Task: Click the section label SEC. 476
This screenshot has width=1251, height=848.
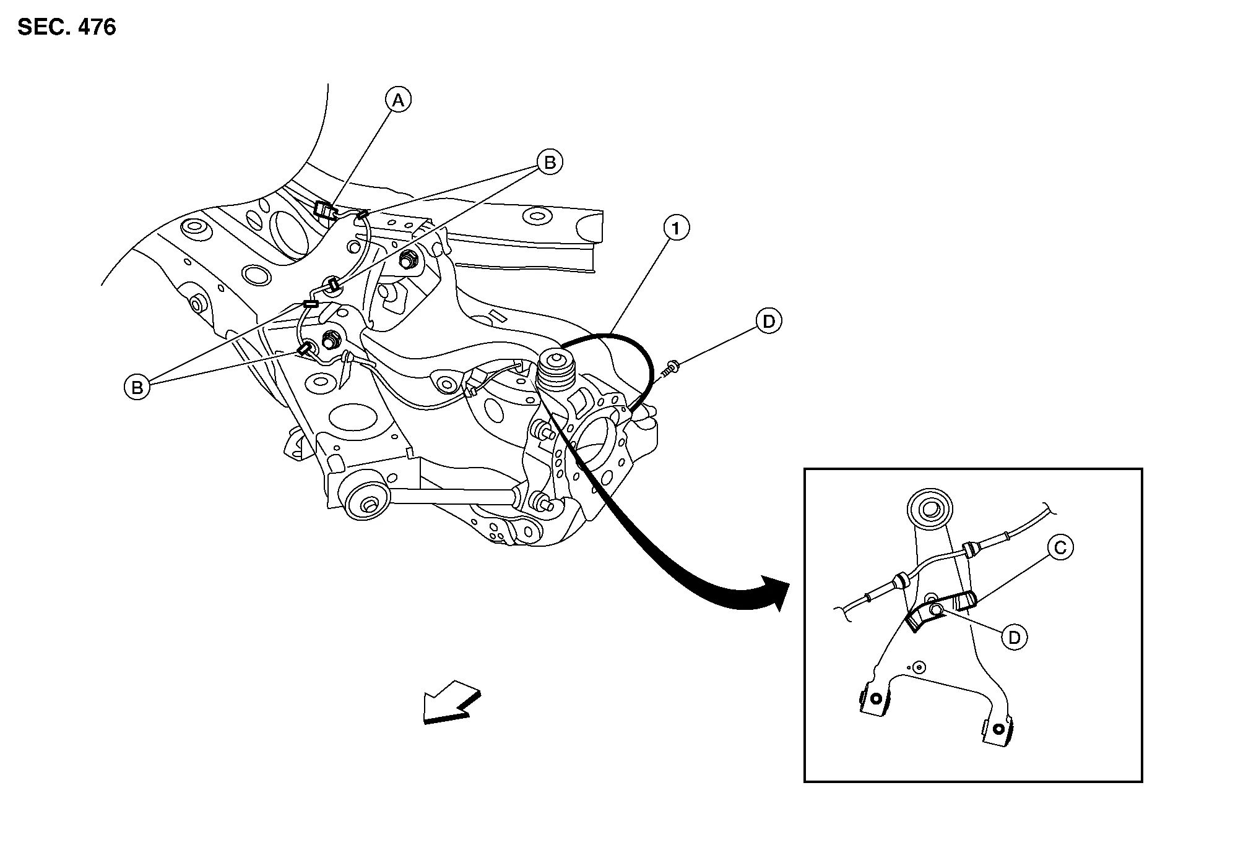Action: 67,27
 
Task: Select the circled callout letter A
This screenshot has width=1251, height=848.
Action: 398,100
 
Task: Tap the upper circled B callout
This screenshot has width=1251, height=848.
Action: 550,163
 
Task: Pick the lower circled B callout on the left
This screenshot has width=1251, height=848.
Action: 137,387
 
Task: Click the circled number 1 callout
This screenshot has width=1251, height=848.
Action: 676,228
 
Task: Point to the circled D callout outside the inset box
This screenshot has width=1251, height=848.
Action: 769,321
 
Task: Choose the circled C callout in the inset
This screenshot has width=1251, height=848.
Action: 1060,547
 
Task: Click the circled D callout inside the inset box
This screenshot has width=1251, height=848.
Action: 1014,637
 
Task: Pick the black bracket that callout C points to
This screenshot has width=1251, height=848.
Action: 941,611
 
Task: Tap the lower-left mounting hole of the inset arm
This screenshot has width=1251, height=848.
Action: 875,698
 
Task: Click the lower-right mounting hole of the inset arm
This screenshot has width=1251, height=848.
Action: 998,728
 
